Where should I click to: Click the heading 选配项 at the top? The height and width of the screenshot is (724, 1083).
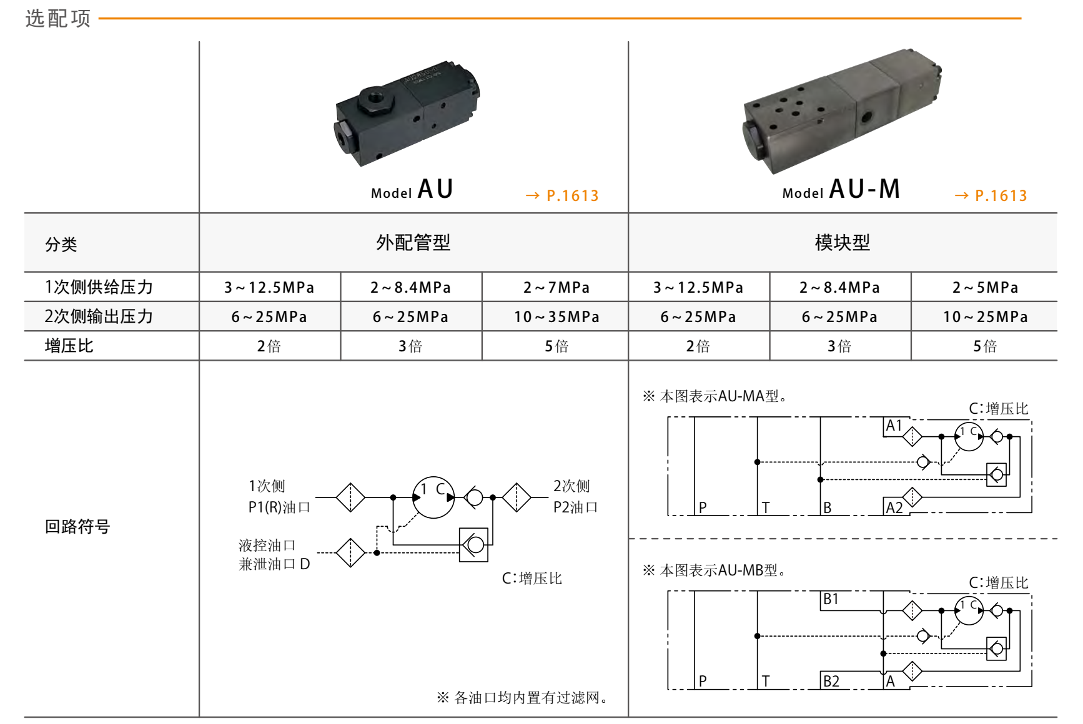58,18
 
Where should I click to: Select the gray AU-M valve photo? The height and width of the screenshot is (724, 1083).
842,111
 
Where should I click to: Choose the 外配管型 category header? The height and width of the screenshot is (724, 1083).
413,242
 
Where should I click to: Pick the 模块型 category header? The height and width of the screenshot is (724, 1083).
842,242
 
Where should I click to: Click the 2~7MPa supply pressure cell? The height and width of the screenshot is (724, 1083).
556,287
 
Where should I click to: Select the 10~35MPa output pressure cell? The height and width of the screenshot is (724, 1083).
556,316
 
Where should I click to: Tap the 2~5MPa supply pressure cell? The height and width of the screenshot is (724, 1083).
985,287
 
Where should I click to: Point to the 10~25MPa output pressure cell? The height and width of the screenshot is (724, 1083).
985,316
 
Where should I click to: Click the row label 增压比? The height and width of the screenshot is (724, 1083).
69,346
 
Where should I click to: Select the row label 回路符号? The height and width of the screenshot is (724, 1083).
77,527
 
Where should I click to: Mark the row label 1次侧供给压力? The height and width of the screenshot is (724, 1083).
99,287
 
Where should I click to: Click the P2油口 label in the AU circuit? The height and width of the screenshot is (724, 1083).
575,507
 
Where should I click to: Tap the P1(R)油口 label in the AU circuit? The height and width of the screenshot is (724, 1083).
279,507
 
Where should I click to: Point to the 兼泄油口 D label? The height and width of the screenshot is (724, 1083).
274,564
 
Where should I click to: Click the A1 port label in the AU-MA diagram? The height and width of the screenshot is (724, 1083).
894,426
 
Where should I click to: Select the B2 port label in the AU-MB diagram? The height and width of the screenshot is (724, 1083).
831,681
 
